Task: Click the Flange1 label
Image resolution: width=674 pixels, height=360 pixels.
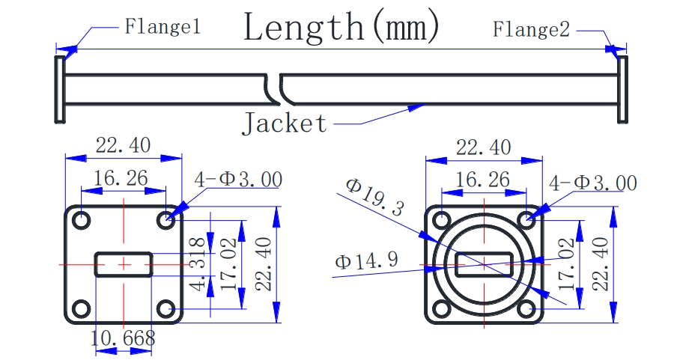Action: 162,28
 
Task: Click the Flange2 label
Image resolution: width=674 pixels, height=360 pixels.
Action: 531,30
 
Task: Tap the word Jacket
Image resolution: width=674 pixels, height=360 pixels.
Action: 285,123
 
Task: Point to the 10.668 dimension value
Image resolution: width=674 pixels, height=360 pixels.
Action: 123,338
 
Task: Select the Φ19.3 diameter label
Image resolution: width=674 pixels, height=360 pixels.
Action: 374,198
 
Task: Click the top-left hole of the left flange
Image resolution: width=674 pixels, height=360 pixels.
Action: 80,221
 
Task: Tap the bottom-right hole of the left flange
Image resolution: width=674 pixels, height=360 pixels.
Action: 167,308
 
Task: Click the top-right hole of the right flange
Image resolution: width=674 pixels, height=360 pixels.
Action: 527,221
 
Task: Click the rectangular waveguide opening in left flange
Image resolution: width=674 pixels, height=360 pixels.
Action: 124,264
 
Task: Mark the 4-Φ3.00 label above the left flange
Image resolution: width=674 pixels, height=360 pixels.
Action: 237,180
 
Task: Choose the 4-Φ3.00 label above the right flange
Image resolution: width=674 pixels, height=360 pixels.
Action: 592,183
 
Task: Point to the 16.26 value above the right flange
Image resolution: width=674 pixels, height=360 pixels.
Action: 483,179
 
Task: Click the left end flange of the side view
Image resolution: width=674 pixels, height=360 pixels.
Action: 59,88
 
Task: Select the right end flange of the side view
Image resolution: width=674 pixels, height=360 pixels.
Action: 622,88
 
